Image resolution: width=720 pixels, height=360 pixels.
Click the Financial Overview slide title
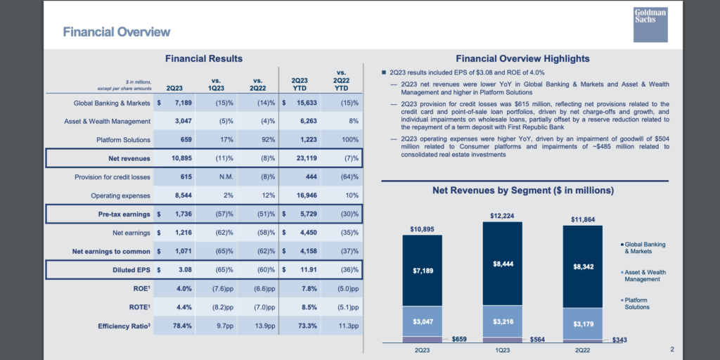coord(116,32)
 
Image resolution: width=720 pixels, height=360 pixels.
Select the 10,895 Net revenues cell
coord(181,158)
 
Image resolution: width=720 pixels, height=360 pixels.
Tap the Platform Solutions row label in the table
coord(124,140)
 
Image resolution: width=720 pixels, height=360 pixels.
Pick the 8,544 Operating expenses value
coord(184,195)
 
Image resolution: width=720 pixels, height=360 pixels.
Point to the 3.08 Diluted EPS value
coord(186,270)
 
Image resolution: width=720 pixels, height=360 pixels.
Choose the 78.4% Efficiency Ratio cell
coord(183,326)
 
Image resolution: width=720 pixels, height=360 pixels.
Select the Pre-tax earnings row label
coord(124,214)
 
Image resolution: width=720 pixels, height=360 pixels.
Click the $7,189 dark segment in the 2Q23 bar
coord(422,271)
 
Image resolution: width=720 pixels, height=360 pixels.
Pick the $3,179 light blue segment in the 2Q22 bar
coord(582,323)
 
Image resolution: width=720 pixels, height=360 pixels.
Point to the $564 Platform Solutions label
coord(538,340)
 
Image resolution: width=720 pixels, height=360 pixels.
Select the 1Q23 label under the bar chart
coord(502,350)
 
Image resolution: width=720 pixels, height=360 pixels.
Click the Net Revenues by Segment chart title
coord(523,190)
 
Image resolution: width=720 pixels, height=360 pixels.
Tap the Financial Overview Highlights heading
coord(522,59)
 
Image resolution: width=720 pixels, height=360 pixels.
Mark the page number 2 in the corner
coord(671,349)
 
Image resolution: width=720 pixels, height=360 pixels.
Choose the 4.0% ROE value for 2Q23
coord(184,289)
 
